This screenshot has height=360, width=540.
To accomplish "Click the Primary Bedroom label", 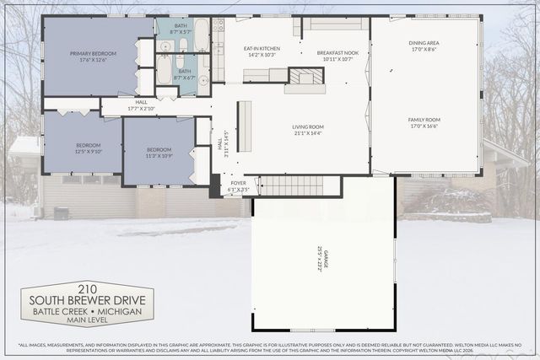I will (x=93, y=56).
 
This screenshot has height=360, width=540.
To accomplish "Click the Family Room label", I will (x=424, y=123).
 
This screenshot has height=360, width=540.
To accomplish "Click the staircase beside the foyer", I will (x=290, y=185).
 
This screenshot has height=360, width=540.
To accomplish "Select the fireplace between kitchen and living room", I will (x=305, y=77).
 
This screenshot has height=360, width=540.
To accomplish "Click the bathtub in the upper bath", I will (x=202, y=35).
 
